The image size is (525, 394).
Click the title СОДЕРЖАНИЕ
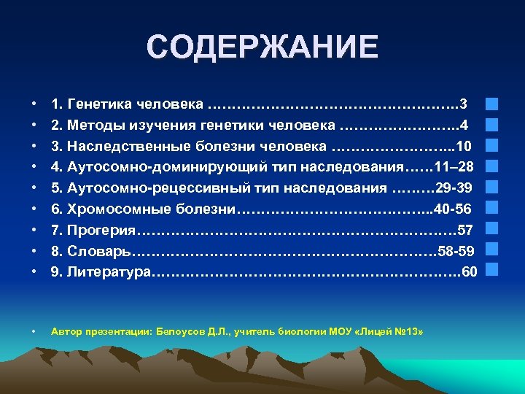[x=262, y=47]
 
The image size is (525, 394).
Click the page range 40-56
[x=453, y=209]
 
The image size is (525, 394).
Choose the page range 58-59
[x=456, y=252]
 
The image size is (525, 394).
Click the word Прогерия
[x=101, y=231]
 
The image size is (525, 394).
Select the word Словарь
[x=98, y=252]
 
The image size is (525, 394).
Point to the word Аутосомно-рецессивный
[x=143, y=188]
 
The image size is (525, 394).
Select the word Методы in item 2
[x=95, y=125]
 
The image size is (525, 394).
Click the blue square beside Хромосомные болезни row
[x=491, y=209]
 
